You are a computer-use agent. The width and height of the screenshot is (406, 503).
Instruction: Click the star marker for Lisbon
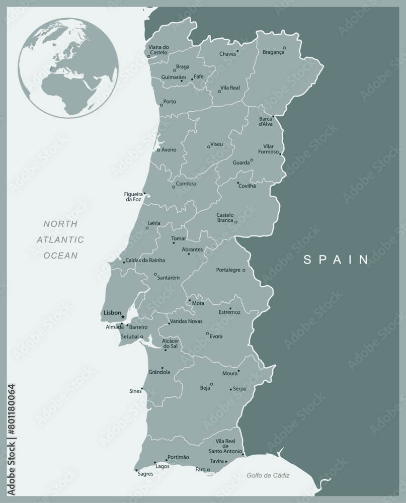tap(122, 316)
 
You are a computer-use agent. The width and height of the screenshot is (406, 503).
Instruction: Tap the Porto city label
tap(170, 102)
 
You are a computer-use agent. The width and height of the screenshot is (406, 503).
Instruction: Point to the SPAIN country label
tap(336, 260)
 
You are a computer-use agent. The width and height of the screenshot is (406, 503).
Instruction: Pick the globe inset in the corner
tap(68, 68)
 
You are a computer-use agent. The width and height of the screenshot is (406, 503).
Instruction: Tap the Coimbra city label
tap(186, 184)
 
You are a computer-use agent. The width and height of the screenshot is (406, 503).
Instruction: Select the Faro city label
tap(200, 469)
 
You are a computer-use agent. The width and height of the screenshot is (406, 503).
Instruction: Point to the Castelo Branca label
tap(225, 218)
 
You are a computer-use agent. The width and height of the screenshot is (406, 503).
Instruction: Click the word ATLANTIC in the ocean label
tap(60, 239)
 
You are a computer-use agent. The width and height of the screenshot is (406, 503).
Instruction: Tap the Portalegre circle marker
tap(243, 270)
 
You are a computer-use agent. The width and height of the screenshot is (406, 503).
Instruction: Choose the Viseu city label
tap(217, 144)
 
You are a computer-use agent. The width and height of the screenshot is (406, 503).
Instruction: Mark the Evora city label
tap(216, 337)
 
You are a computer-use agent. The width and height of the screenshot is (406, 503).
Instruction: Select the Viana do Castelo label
tap(158, 50)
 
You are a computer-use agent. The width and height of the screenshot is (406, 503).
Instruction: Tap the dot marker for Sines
tap(142, 388)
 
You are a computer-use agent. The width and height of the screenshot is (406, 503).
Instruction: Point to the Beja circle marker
tap(211, 384)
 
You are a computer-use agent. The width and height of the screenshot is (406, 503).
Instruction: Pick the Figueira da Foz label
tap(133, 197)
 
